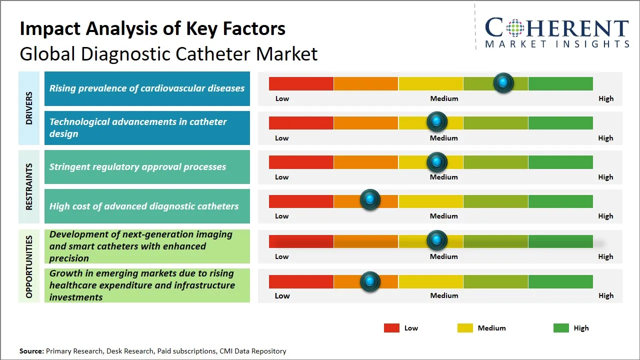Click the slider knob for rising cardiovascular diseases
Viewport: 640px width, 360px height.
pos(503,82)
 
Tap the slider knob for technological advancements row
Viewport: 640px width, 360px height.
pos(437,121)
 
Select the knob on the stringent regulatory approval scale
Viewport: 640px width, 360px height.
pos(437,162)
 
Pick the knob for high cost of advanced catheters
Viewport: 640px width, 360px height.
pos(370,200)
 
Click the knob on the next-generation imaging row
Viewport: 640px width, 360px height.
pos(437,240)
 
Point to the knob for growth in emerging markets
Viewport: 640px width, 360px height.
pos(370,281)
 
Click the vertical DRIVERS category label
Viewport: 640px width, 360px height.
pos(29,108)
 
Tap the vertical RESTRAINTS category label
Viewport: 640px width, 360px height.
pos(29,186)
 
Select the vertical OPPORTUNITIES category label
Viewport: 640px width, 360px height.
pos(29,266)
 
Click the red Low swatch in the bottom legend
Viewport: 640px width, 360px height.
pos(391,328)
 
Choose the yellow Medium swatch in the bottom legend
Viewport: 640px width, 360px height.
pos(465,328)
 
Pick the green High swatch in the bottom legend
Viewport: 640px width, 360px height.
pos(561,328)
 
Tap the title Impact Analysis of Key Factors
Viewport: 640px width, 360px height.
pos(152,28)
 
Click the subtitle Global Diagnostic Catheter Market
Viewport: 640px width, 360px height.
pos(168,53)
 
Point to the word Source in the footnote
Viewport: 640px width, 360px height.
pos(31,351)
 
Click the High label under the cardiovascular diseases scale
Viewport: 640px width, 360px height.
pos(605,98)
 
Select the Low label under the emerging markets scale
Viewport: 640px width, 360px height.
pos(282,295)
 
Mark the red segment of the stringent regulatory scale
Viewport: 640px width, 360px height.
pos(301,162)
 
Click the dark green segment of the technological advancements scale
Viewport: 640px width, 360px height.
pos(560,122)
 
